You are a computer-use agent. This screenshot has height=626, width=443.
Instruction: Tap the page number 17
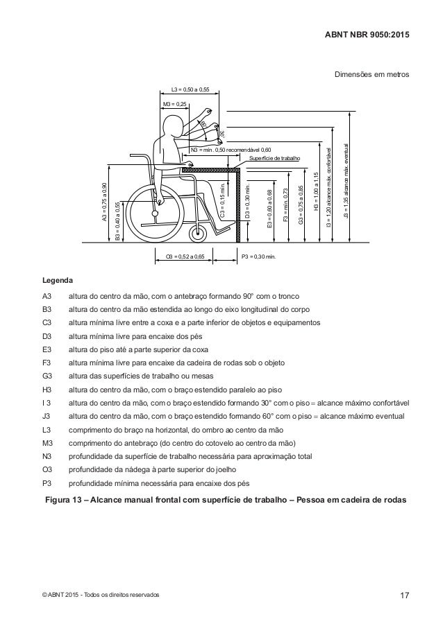click(405, 595)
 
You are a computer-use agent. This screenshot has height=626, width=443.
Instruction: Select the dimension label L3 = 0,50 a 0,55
click(190, 89)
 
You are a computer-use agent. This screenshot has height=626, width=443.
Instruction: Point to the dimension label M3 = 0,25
click(174, 103)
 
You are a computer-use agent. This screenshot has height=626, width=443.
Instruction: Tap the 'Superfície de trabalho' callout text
click(276, 158)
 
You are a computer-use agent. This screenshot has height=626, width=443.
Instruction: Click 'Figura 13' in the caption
click(62, 500)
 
